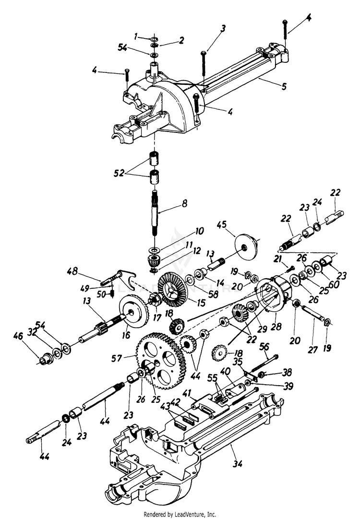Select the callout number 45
(x=221, y=225)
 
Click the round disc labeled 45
(x=245, y=247)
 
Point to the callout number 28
(x=276, y=328)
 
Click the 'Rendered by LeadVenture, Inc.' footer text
(x=180, y=514)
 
